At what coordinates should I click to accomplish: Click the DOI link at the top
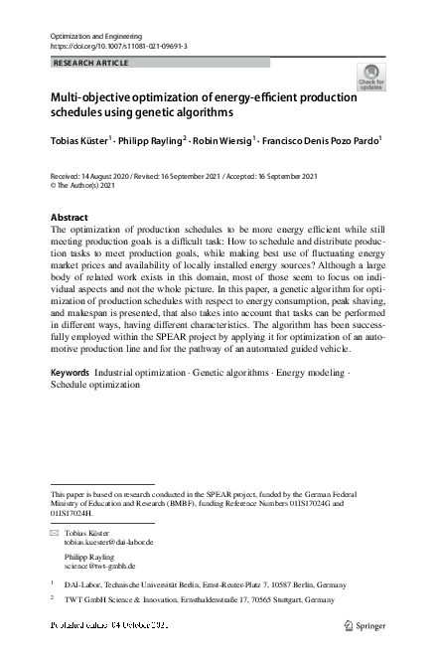click(x=118, y=46)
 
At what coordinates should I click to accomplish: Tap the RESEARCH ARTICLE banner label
click(x=90, y=62)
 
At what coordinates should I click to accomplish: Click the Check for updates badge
click(x=370, y=76)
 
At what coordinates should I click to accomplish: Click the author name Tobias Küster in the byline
click(x=81, y=141)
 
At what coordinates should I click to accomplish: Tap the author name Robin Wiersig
click(x=223, y=141)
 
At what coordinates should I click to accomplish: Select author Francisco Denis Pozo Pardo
click(x=320, y=141)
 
